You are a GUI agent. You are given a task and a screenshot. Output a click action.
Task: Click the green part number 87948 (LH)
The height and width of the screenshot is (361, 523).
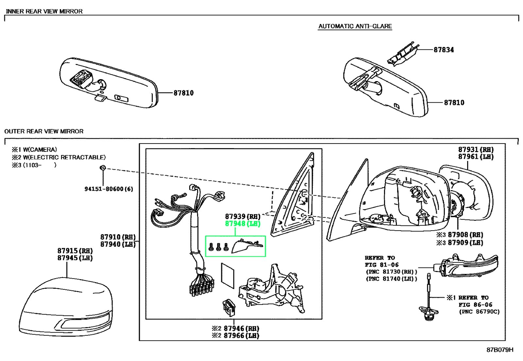click(243, 224)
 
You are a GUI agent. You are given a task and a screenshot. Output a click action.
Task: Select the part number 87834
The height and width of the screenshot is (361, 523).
click(444, 50)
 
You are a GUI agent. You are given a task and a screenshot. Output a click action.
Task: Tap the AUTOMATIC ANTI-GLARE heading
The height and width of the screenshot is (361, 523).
click(355, 26)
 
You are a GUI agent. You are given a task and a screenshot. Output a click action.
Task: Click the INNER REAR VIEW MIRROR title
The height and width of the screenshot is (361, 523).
click(44, 11)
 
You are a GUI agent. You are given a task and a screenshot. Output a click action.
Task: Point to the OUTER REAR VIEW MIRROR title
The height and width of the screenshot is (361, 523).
click(44, 131)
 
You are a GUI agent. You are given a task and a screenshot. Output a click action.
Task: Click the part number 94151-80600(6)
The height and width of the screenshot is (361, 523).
click(109, 189)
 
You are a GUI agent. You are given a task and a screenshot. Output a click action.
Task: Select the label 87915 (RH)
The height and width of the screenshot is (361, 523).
click(75, 251)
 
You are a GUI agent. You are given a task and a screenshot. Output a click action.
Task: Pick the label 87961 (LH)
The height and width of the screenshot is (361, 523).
click(476, 157)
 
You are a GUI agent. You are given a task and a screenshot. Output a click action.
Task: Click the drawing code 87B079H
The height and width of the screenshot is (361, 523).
click(500, 350)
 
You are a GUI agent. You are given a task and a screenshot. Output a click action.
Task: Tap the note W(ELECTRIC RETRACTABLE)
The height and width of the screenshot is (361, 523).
click(64, 157)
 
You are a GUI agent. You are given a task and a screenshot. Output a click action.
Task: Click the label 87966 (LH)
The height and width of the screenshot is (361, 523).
click(241, 336)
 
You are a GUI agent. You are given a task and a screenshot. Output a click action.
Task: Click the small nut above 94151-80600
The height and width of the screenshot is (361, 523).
click(103, 168)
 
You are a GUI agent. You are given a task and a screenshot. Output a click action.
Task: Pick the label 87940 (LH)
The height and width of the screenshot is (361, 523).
click(118, 244)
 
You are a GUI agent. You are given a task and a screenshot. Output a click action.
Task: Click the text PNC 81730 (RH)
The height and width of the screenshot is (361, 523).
click(391, 272)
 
